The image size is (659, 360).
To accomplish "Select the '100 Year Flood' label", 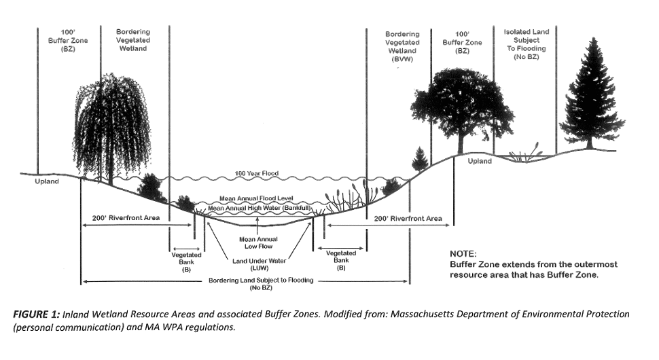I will tap(257, 174).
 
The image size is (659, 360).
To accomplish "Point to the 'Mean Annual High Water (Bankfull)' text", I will tap(260, 208).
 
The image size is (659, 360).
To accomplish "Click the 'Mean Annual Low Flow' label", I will tap(257, 243).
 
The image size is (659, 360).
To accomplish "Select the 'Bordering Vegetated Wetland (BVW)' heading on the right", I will tap(402, 46).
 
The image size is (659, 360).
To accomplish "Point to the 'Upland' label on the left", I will tap(47, 181).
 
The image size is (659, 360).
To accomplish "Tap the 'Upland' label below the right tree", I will tap(480, 161).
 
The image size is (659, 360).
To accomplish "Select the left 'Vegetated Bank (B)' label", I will tap(186, 262).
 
